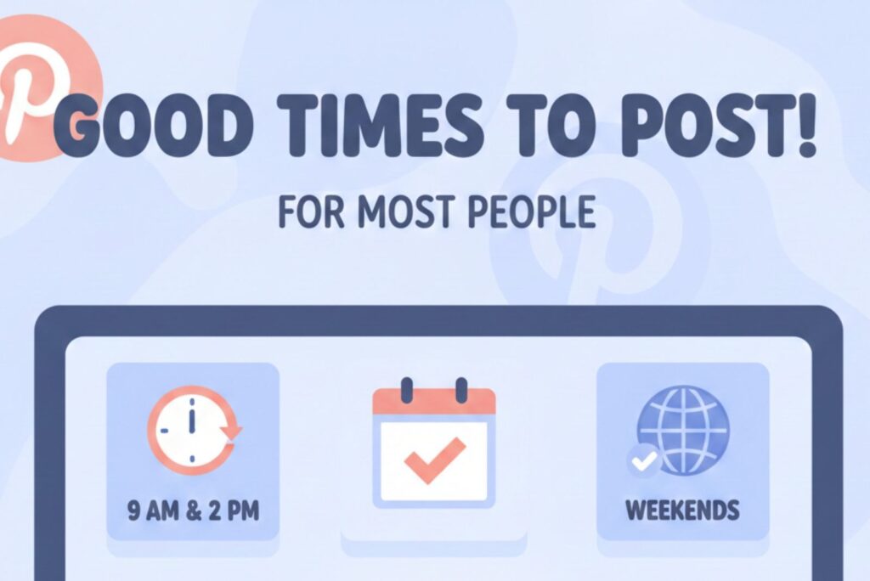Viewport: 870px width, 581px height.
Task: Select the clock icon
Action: pyautogui.click(x=194, y=430)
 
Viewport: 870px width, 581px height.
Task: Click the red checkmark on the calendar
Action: pyautogui.click(x=434, y=460)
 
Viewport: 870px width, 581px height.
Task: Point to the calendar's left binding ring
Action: pyautogui.click(x=407, y=390)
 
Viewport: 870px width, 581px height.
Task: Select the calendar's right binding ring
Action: pyautogui.click(x=461, y=390)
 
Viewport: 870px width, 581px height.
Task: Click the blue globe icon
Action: pyautogui.click(x=684, y=429)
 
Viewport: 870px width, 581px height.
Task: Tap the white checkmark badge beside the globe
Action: pyautogui.click(x=644, y=460)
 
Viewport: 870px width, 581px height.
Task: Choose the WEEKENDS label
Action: pyautogui.click(x=682, y=510)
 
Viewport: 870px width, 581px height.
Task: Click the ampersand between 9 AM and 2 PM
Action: pyautogui.click(x=194, y=510)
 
